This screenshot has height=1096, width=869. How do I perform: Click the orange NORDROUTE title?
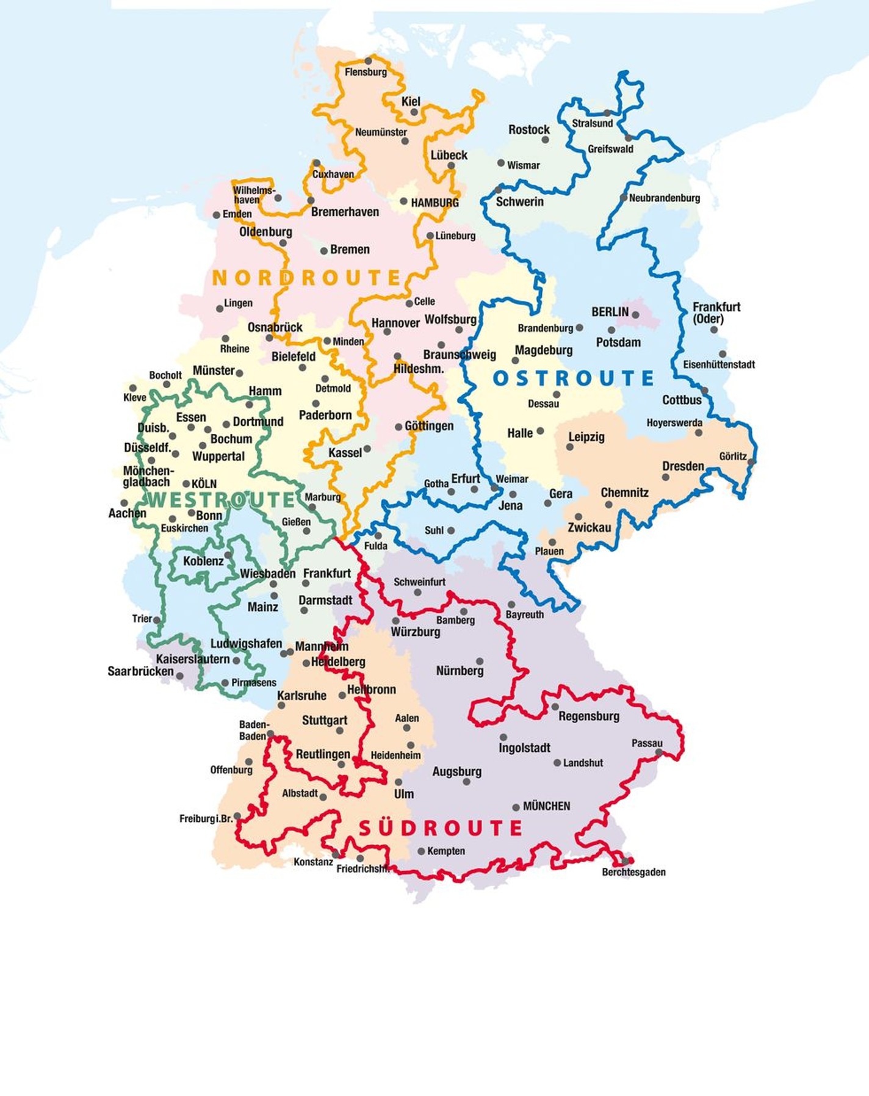(x=306, y=278)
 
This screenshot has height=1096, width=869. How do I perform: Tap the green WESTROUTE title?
(x=221, y=500)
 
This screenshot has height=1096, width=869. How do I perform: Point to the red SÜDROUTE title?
(x=440, y=828)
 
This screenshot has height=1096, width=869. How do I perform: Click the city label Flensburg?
(x=366, y=72)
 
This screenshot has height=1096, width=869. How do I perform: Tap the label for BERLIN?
(x=609, y=312)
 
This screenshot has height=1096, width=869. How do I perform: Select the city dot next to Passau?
(x=659, y=752)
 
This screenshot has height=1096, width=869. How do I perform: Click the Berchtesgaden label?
(x=633, y=872)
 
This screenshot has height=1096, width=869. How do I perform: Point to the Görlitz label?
(x=732, y=456)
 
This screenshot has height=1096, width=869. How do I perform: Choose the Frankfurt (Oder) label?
(x=715, y=312)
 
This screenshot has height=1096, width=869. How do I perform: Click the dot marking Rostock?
(x=545, y=140)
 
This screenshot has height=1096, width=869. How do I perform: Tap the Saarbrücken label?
(x=140, y=671)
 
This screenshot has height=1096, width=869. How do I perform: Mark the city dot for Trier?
(x=157, y=619)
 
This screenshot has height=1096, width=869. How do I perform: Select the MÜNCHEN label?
(x=546, y=806)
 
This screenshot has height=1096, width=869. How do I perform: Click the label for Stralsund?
(x=592, y=123)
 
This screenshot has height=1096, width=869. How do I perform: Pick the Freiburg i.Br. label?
(x=206, y=818)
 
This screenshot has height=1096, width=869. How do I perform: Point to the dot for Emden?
(x=216, y=215)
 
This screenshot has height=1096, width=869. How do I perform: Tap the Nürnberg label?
(x=460, y=671)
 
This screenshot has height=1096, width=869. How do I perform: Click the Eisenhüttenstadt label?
(x=718, y=364)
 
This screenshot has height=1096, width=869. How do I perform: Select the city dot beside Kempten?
(x=421, y=851)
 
